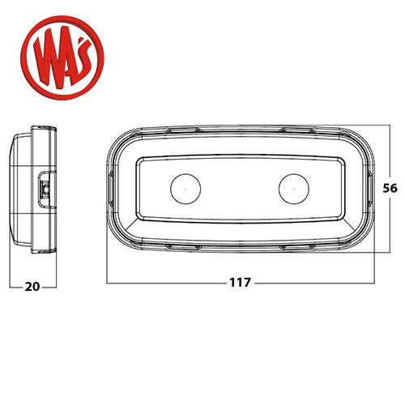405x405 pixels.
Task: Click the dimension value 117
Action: click(x=241, y=283)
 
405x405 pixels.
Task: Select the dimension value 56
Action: click(x=390, y=187)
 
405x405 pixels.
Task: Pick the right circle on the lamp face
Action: click(x=293, y=189)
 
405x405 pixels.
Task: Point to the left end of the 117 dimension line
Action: click(x=106, y=283)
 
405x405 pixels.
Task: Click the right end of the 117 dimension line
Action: click(x=373, y=283)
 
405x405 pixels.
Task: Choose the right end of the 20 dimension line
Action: click(x=55, y=285)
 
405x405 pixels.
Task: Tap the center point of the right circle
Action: click(x=293, y=189)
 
